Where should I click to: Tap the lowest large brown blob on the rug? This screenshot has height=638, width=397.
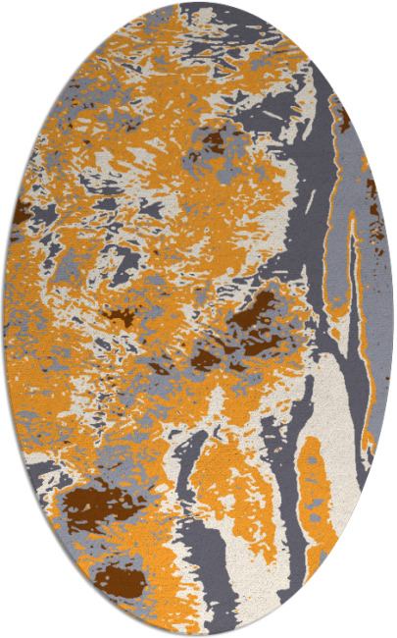(118, 579)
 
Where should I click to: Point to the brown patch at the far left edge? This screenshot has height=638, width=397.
(21, 211)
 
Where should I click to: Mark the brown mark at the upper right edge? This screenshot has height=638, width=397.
(344, 120)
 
